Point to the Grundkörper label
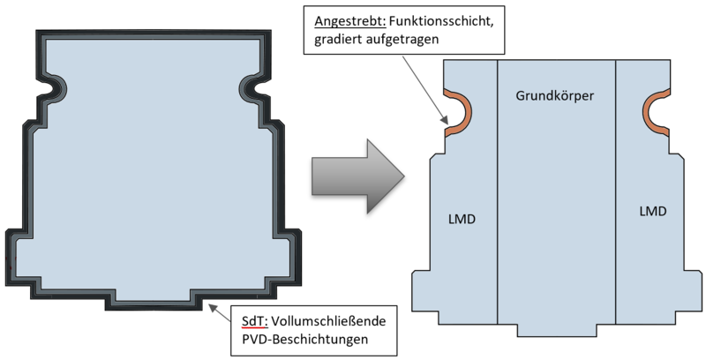[555, 96]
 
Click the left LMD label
[462, 220]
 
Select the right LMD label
[653, 211]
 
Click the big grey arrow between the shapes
[358, 176]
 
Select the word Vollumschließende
[329, 321]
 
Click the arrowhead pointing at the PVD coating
[212, 308]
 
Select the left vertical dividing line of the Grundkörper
[498, 192]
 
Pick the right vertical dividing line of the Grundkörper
[615, 192]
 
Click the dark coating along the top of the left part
[154, 34]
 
